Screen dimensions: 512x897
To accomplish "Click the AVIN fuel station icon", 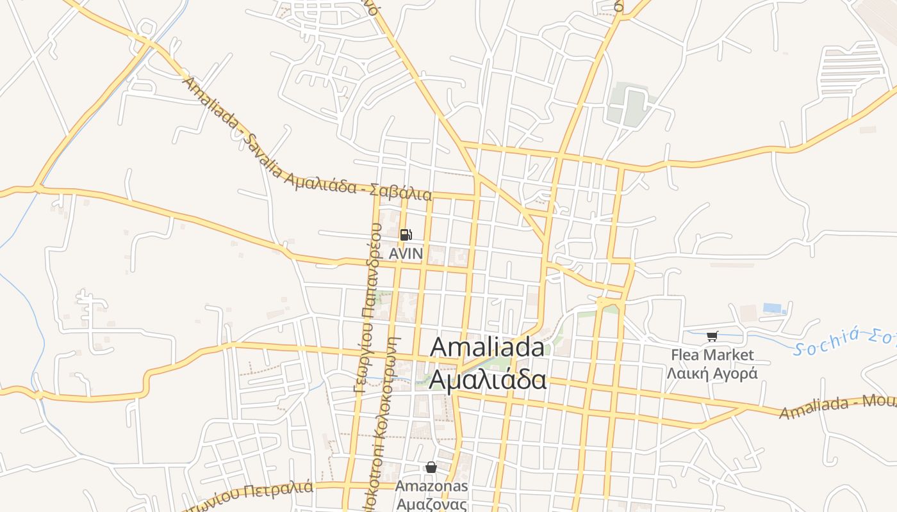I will pyautogui.click(x=406, y=235).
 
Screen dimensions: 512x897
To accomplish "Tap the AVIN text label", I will pyautogui.click(x=406, y=253).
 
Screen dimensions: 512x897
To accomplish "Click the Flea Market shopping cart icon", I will pyautogui.click(x=712, y=336).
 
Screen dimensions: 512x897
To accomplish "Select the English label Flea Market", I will pyautogui.click(x=712, y=355).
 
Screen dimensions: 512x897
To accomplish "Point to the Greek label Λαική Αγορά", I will pyautogui.click(x=712, y=373).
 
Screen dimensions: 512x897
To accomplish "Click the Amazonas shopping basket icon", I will pyautogui.click(x=431, y=468).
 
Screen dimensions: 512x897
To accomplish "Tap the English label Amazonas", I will pyautogui.click(x=431, y=486).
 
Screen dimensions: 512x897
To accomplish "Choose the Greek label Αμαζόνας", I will pyautogui.click(x=431, y=504).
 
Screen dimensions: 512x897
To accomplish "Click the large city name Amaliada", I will pyautogui.click(x=487, y=348).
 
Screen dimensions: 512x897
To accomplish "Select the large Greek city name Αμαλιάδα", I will pyautogui.click(x=487, y=379).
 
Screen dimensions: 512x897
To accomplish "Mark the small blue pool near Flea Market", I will pyautogui.click(x=774, y=308).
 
